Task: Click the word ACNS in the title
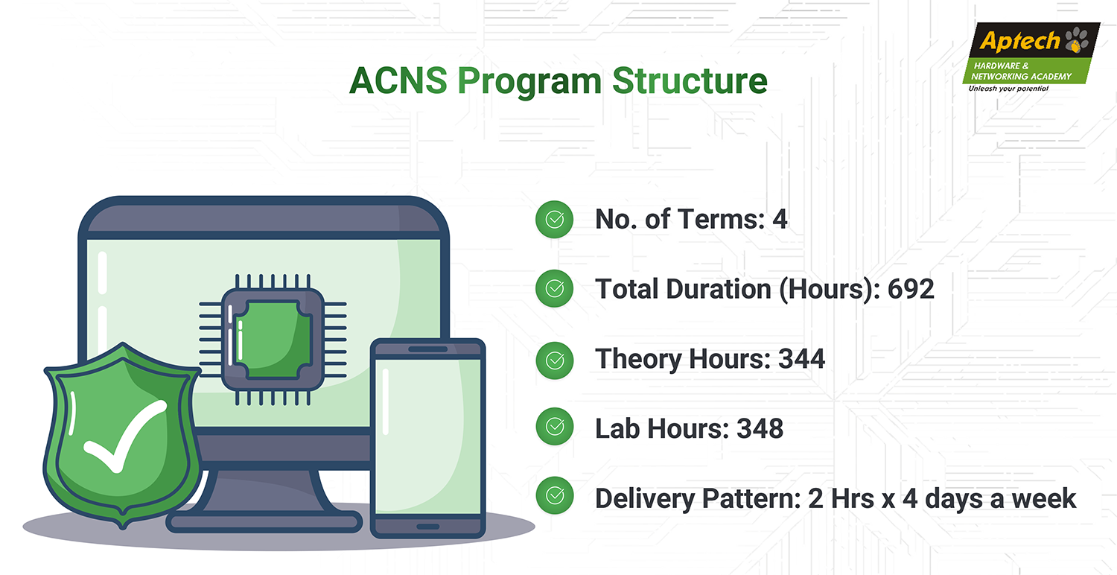click(398, 80)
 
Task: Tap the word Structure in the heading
click(690, 80)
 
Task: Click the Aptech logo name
click(1019, 41)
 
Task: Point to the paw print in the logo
click(1077, 40)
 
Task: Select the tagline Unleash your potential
click(1008, 89)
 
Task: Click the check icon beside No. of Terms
click(554, 220)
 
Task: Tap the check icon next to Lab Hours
click(555, 426)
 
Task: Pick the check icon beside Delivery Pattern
click(555, 496)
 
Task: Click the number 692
click(911, 289)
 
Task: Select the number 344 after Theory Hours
click(802, 358)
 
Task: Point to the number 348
click(760, 428)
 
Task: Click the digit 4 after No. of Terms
click(780, 219)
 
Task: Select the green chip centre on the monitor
click(273, 339)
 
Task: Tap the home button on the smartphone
click(428, 527)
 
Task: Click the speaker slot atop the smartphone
click(428, 349)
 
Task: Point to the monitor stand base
click(264, 522)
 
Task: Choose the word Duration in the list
click(719, 289)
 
